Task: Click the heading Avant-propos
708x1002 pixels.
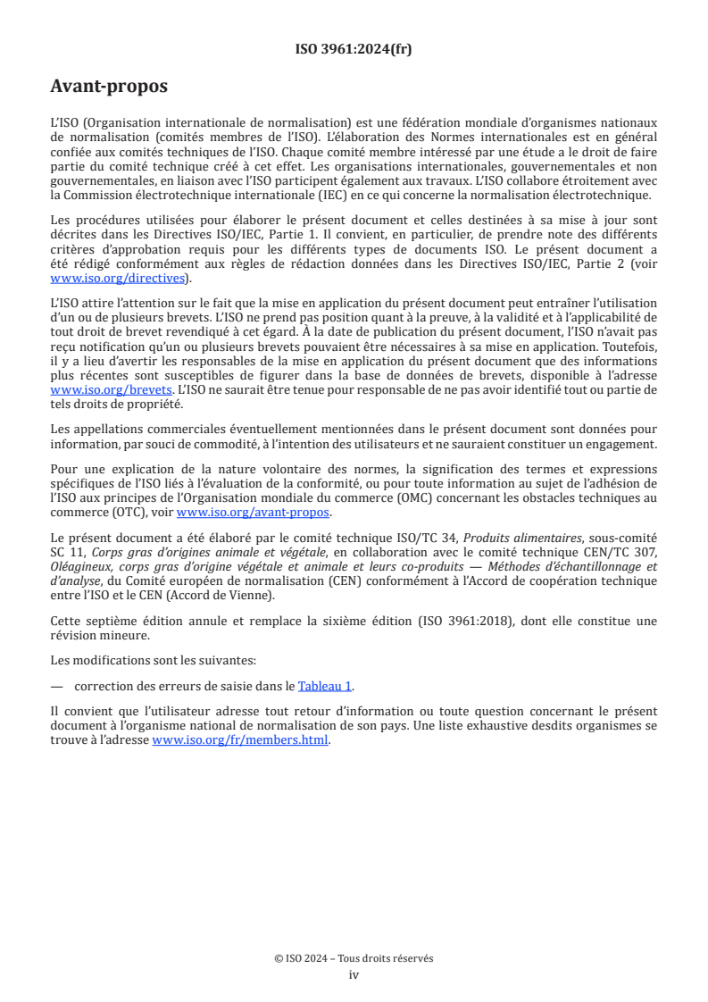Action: (109, 87)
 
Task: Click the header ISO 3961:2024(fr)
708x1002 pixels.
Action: (354, 50)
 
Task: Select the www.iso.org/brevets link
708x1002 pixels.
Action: (111, 390)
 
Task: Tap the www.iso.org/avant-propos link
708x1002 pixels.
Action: (253, 512)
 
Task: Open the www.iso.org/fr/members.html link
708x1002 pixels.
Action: (240, 739)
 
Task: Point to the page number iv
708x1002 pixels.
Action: (354, 974)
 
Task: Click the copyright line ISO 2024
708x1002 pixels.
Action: (354, 958)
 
